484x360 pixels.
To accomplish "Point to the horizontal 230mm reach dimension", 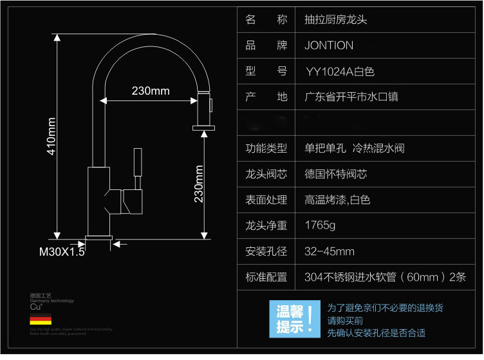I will (x=151, y=91).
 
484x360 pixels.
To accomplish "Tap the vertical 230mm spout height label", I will (x=200, y=184).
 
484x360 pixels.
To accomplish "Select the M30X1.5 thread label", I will (x=62, y=252).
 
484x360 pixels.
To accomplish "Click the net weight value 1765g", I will (x=320, y=225).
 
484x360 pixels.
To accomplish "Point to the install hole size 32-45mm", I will (x=330, y=251).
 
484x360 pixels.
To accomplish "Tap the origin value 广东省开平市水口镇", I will (x=351, y=97).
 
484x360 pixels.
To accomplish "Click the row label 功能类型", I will (x=266, y=149).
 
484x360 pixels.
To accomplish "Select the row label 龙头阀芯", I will (x=266, y=175).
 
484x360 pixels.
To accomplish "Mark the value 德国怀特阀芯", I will (x=336, y=175).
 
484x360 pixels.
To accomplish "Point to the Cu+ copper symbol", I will (x=35, y=307).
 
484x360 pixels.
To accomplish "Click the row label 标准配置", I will (x=266, y=277).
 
